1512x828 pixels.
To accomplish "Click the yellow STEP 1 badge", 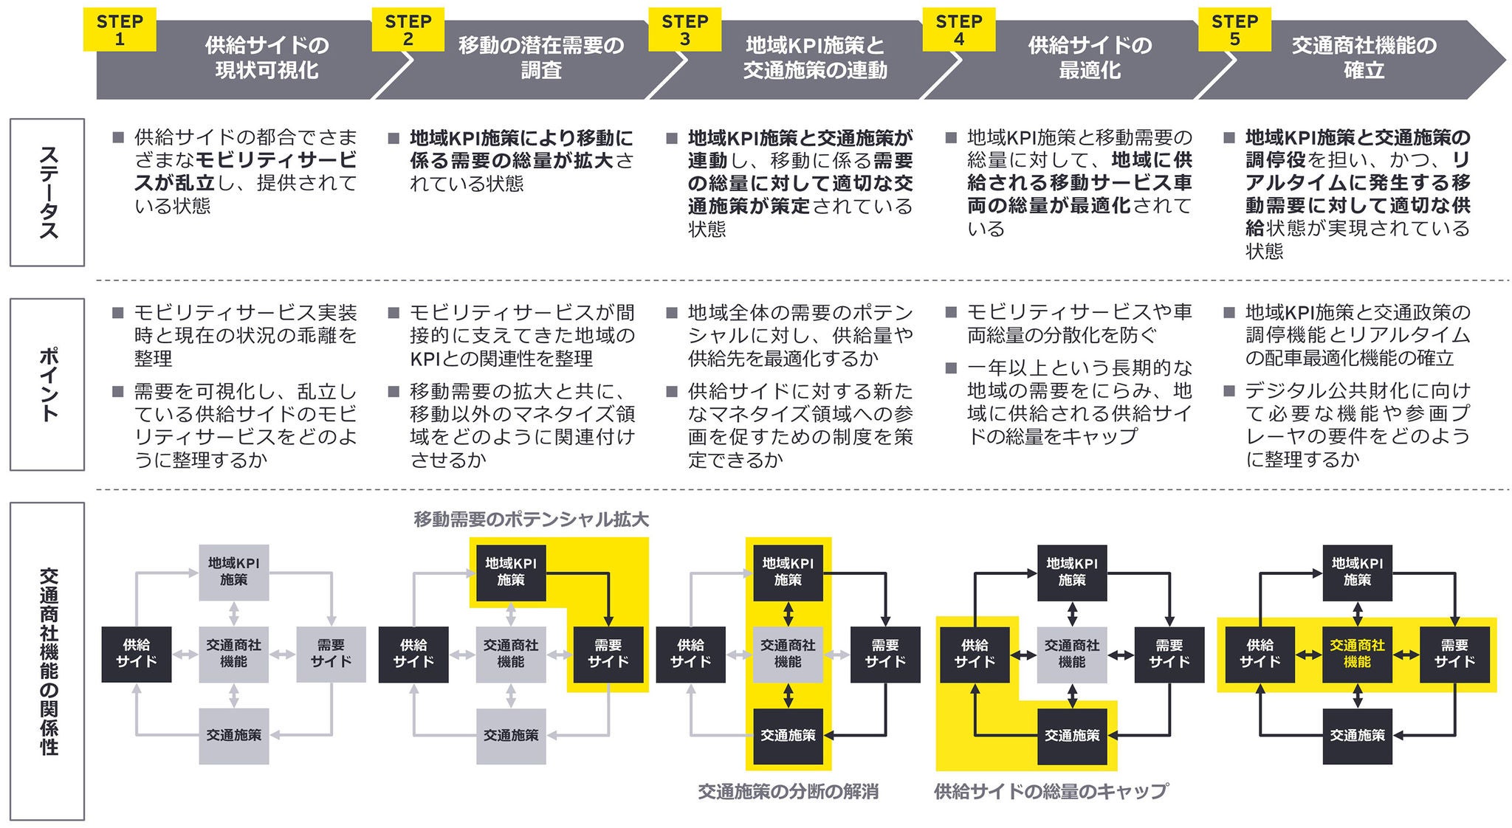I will point(120,30).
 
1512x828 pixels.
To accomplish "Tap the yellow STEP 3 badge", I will point(684,30).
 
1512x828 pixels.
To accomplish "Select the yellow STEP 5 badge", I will point(1234,30).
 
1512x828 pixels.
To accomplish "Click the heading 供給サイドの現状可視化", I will point(267,58).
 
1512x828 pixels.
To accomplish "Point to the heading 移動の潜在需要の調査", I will point(541,58).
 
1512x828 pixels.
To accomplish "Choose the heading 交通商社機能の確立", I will point(1364,58).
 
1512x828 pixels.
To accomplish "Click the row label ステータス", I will point(47,192).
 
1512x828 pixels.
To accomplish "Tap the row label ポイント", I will point(47,384).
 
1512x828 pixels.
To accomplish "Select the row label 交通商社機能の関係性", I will point(47,660).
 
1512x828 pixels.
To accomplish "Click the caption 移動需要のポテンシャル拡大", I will point(531,520).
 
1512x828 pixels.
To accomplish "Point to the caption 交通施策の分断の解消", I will point(788,793).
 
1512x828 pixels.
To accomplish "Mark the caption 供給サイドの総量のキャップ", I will point(1051,793).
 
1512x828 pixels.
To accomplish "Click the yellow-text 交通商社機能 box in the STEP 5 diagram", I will point(1357,654).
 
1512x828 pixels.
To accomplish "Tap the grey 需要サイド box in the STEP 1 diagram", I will point(331,654).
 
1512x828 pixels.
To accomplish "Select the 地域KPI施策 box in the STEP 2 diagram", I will point(511,572).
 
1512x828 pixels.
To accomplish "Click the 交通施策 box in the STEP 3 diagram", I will point(788,736).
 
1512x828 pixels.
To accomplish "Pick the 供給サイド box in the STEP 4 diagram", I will point(975,654).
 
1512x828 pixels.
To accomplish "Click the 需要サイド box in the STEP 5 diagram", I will point(1454,654).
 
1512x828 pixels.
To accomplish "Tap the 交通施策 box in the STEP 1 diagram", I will point(234,736).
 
